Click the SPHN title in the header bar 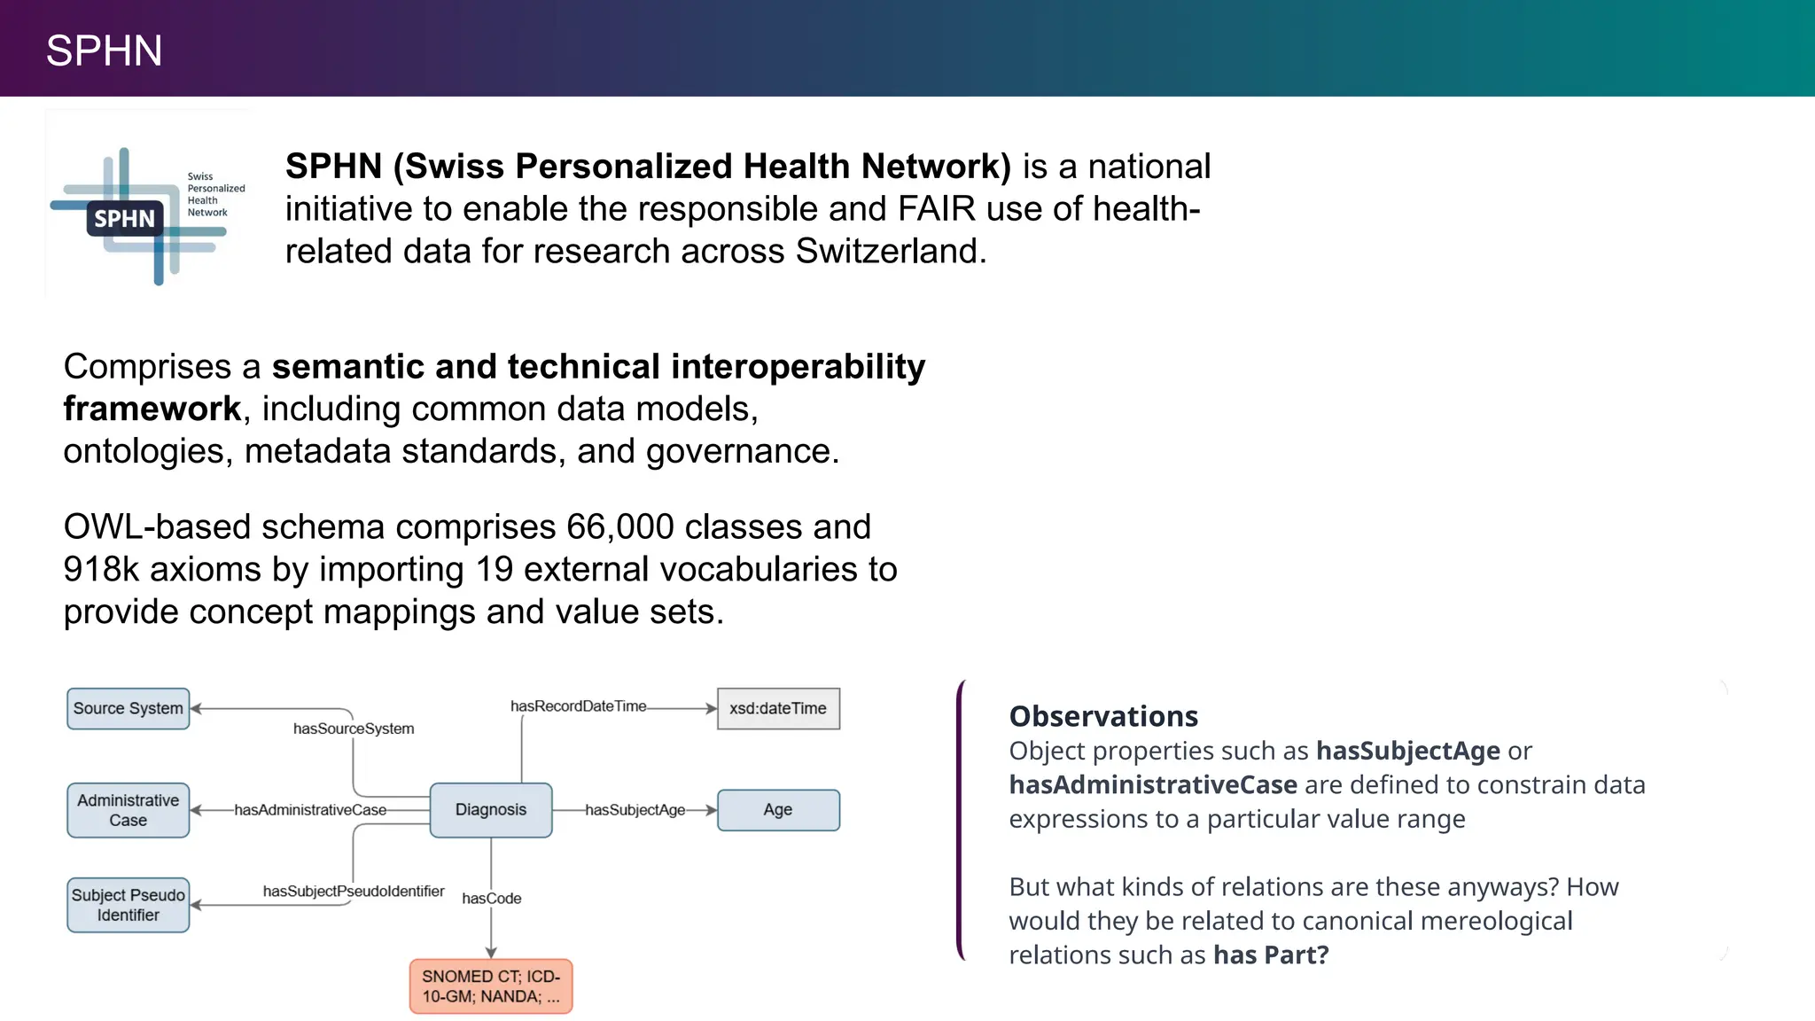[x=104, y=51]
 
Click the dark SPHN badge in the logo [x=124, y=219]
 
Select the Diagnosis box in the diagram [x=490, y=809]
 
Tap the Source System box [x=129, y=708]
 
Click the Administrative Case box [x=129, y=809]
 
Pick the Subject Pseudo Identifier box [x=129, y=904]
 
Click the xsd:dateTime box [x=777, y=708]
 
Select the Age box [x=777, y=809]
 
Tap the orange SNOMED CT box [x=490, y=986]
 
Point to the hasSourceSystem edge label [x=354, y=729]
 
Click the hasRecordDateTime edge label [x=578, y=706]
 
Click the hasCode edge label [x=492, y=899]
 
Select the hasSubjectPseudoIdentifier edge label [x=354, y=891]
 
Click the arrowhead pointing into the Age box [x=711, y=809]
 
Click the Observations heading [x=1103, y=716]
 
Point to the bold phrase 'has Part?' [x=1271, y=955]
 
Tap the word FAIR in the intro [x=936, y=209]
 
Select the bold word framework [x=152, y=409]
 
